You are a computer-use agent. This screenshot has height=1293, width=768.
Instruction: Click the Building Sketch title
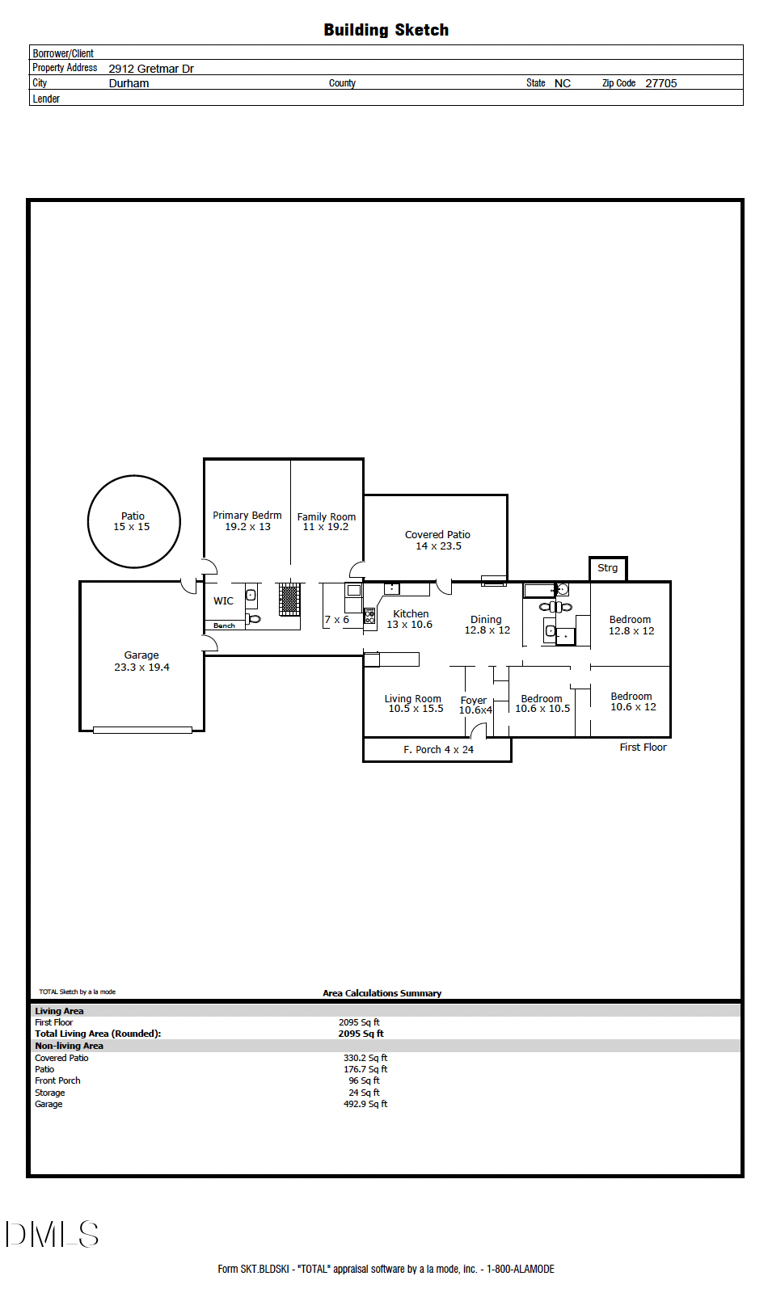click(x=386, y=30)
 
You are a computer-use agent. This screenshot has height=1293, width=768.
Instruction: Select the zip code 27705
click(x=660, y=83)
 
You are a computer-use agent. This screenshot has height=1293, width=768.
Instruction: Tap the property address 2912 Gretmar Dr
click(x=151, y=69)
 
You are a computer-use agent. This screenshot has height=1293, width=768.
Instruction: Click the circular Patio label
click(x=133, y=516)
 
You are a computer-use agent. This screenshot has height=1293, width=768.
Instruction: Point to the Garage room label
click(x=141, y=655)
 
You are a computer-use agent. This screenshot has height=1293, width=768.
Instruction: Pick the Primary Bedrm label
click(x=247, y=515)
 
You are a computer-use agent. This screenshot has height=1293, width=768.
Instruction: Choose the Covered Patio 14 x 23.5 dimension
click(x=439, y=546)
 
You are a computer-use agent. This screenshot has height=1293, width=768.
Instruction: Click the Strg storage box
click(x=608, y=569)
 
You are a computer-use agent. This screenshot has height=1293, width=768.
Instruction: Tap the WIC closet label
click(x=223, y=601)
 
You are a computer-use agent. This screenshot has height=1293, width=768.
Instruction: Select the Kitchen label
click(x=411, y=613)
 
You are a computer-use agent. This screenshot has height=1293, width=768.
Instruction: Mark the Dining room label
click(x=486, y=619)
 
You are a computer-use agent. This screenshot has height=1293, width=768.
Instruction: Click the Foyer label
click(x=474, y=700)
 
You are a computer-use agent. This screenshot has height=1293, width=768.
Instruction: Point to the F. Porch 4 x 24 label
click(x=438, y=749)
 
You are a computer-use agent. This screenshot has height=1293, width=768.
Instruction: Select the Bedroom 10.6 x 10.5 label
click(x=542, y=704)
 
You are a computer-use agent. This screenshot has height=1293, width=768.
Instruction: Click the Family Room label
click(x=327, y=516)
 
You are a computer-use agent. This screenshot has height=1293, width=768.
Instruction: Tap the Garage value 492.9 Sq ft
click(x=365, y=1104)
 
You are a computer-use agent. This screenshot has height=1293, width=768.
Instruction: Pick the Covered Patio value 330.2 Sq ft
click(x=365, y=1058)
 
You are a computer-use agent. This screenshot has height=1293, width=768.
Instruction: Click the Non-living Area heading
click(x=69, y=1046)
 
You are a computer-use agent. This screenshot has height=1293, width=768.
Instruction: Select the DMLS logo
click(x=52, y=1234)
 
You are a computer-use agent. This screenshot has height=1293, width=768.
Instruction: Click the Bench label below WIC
click(x=224, y=625)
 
